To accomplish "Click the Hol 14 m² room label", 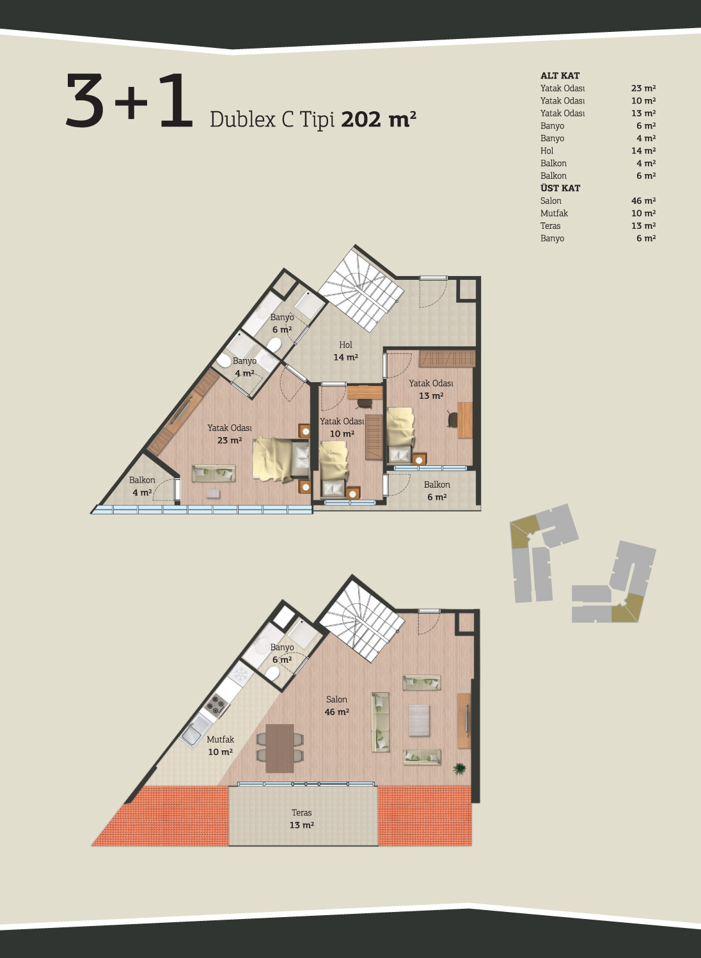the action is pyautogui.click(x=346, y=351).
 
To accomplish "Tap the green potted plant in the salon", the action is pyautogui.click(x=460, y=769).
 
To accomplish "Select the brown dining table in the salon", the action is pyautogui.click(x=280, y=748).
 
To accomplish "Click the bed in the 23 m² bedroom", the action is pyautogui.click(x=281, y=460).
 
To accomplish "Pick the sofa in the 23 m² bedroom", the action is pyautogui.click(x=214, y=474).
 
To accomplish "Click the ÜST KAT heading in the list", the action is pyautogui.click(x=560, y=188).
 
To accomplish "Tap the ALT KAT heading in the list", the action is pyautogui.click(x=560, y=75).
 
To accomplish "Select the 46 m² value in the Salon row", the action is pyautogui.click(x=643, y=201).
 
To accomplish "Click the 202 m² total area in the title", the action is pyautogui.click(x=378, y=119).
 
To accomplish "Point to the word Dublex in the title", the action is pyautogui.click(x=242, y=120).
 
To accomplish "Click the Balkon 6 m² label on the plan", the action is pyautogui.click(x=437, y=491).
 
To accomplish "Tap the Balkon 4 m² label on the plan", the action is pyautogui.click(x=142, y=486).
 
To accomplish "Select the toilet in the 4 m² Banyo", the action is pyautogui.click(x=223, y=361).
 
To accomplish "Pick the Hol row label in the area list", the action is pyautogui.click(x=547, y=151).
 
